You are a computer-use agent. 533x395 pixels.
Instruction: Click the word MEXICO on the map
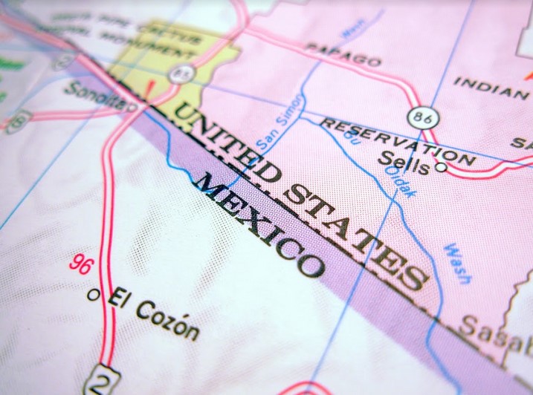[259, 226]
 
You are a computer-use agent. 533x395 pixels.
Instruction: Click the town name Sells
[404, 163]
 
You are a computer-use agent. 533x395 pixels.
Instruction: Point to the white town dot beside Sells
[441, 168]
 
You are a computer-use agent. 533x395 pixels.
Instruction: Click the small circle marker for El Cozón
[93, 295]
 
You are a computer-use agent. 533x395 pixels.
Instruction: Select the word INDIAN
[491, 87]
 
